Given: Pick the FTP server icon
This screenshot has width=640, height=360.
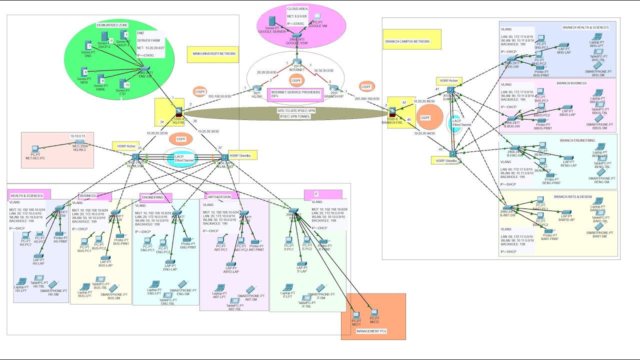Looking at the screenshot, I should click(x=121, y=83).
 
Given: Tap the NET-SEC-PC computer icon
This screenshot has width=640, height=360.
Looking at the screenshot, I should click(x=35, y=149).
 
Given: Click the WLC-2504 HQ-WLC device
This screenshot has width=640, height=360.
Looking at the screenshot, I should click(x=77, y=143).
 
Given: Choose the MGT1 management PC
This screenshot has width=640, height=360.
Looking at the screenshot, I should click(x=356, y=315).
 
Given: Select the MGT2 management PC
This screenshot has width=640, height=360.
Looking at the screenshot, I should click(x=373, y=313).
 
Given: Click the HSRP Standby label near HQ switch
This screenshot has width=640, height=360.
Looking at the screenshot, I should click(x=242, y=155).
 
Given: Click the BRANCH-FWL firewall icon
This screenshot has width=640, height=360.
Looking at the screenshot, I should click(x=393, y=110).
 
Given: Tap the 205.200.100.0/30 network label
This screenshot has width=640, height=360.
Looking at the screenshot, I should click(x=367, y=99).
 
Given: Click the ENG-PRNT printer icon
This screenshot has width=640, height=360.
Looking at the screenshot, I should click(x=185, y=240).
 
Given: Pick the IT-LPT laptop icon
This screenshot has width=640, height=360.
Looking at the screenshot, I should click(x=287, y=288).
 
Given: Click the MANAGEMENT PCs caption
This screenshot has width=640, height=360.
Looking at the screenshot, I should click(x=372, y=331).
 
